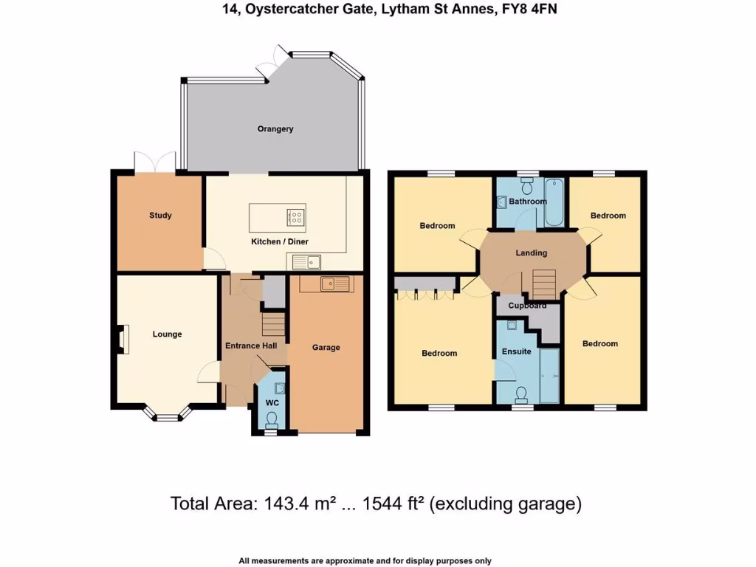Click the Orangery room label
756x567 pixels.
(275, 128)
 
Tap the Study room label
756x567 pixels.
(160, 216)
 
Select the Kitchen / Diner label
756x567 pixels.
(280, 241)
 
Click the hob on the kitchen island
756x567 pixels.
(295, 217)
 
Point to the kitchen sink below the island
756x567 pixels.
(304, 261)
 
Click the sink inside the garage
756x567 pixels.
(336, 283)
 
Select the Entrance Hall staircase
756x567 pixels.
(273, 324)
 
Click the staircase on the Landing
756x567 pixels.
(543, 283)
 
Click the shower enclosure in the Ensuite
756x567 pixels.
(549, 377)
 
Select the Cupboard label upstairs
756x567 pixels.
(527, 306)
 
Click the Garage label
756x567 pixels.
(326, 347)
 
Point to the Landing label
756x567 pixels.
(531, 252)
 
